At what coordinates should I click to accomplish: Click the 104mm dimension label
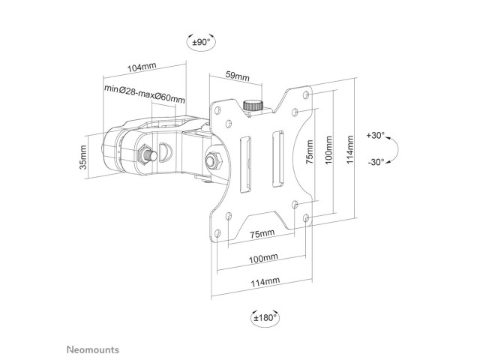pyautogui.click(x=142, y=67)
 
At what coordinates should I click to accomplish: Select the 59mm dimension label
pyautogui.click(x=238, y=76)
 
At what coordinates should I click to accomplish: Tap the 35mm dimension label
pyautogui.click(x=83, y=157)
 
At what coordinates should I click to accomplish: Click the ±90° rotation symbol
pyautogui.click(x=201, y=42)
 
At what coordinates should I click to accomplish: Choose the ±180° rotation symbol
pyautogui.click(x=265, y=317)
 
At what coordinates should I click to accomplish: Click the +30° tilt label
pyautogui.click(x=376, y=135)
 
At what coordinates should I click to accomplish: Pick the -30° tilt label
pyautogui.click(x=376, y=162)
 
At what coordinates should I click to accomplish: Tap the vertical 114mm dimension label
pyautogui.click(x=350, y=150)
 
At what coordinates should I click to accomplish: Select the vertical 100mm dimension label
pyautogui.click(x=328, y=150)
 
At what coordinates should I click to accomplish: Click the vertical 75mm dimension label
pyautogui.click(x=310, y=151)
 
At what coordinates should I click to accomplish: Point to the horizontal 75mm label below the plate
pyautogui.click(x=262, y=234)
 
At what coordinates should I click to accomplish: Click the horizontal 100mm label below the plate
pyautogui.click(x=263, y=258)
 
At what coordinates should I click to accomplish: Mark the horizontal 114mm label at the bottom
pyautogui.click(x=265, y=282)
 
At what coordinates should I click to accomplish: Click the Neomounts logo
pyautogui.click(x=93, y=349)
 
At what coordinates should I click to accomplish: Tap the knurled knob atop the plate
pyautogui.click(x=253, y=105)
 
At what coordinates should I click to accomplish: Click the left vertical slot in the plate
pyautogui.click(x=245, y=164)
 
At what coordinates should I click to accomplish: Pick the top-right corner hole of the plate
pyautogui.click(x=306, y=94)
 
